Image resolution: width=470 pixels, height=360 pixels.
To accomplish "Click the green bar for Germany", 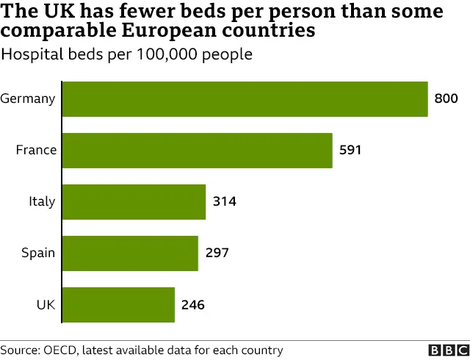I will coord(245,98).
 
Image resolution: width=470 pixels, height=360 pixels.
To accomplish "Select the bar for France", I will coord(197,150).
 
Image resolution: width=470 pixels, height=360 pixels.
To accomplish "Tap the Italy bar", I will coord(134,201).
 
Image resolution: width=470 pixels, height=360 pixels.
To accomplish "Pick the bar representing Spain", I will coord(130,253).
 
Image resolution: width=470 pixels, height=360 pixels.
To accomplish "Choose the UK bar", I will coord(118,304).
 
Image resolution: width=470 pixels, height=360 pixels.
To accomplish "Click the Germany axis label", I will coord(28,98).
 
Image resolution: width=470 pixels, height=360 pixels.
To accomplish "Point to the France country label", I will coord(36,150).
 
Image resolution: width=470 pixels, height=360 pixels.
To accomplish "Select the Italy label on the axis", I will coord(42,201).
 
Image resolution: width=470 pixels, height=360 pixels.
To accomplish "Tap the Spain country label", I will coord(38,253).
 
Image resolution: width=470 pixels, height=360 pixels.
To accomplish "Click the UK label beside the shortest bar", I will coord(46,304).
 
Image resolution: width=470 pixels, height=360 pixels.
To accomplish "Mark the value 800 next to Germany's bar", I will coord(446,98).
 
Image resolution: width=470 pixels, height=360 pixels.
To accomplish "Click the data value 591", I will coord(350,150).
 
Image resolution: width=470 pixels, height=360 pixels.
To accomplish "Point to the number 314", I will coord(224,201).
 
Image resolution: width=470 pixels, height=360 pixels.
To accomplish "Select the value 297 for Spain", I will coord(217,253).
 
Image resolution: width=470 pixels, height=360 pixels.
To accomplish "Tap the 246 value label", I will coord(193,304).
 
